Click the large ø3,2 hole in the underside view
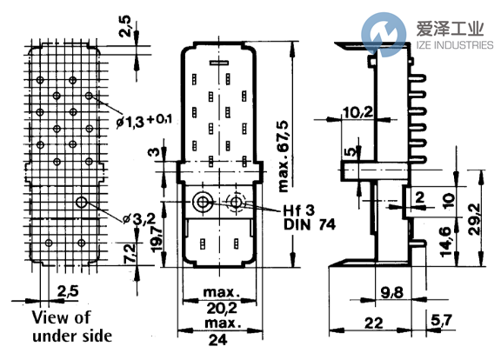(81, 202)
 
